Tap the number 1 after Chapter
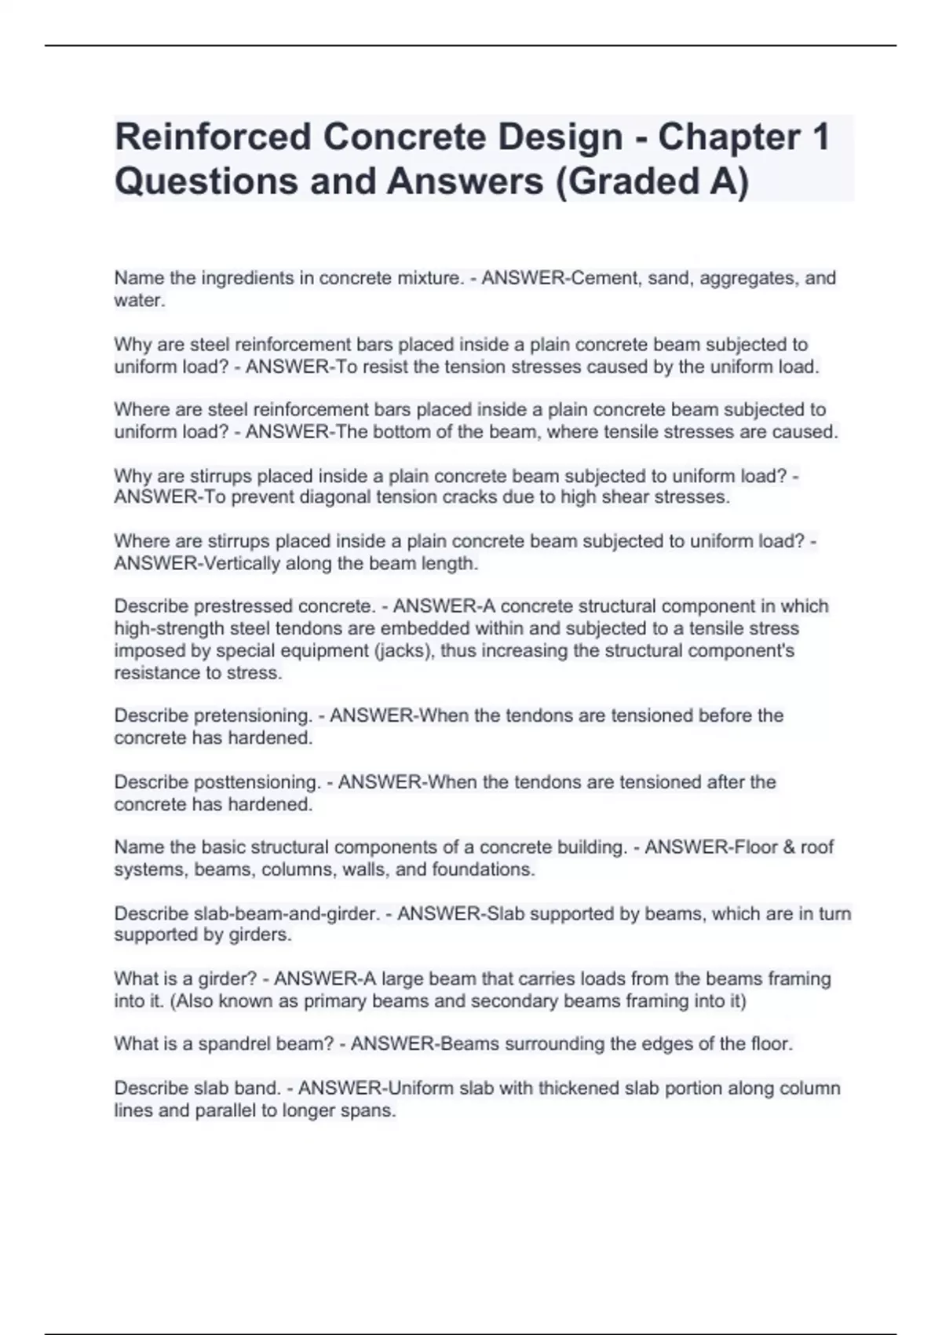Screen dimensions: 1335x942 click(x=820, y=137)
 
